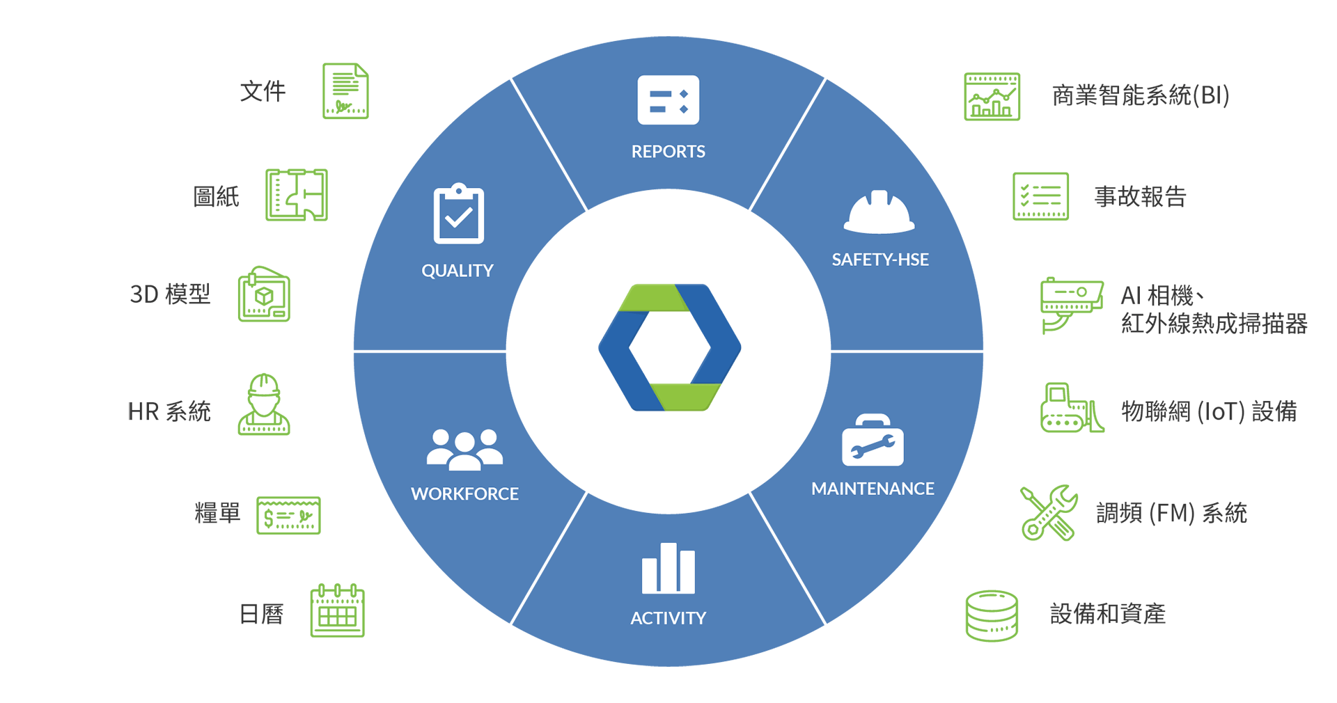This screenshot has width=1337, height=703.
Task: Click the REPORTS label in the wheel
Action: tap(668, 151)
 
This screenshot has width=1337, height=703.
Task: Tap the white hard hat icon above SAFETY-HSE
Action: tap(879, 212)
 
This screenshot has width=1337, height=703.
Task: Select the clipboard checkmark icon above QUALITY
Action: tap(458, 214)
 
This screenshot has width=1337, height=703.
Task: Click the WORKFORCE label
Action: tap(464, 493)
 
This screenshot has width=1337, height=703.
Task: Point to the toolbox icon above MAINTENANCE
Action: tap(873, 440)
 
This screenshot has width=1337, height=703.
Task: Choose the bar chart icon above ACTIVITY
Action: tap(668, 568)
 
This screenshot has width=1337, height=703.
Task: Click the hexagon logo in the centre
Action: tap(669, 347)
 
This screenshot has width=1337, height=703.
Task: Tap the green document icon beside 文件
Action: tap(345, 91)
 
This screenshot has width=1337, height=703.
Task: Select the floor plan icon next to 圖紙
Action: tap(297, 195)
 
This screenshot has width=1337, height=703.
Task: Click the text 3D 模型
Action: tap(170, 294)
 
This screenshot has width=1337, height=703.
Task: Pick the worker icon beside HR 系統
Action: tap(264, 404)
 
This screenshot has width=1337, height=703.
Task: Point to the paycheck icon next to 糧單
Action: tap(288, 515)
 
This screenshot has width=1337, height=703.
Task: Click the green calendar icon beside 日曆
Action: tap(338, 610)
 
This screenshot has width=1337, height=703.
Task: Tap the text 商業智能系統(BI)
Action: tap(1141, 95)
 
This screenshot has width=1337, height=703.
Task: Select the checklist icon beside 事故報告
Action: tap(1040, 196)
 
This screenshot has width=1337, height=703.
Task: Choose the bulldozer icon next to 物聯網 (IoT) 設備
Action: tap(1072, 408)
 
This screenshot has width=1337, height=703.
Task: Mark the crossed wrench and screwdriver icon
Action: tap(1049, 513)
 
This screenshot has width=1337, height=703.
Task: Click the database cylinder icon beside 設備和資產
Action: tap(992, 615)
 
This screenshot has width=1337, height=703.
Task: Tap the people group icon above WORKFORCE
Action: tap(464, 450)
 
